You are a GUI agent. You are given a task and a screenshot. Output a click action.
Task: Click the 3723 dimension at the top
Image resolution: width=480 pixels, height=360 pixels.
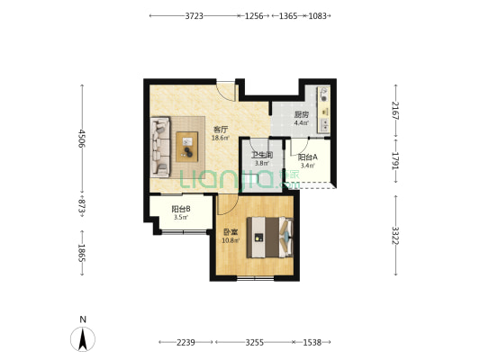pyautogui.click(x=195, y=16)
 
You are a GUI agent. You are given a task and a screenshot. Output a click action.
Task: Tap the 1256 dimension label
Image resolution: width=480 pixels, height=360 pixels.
pyautogui.click(x=254, y=16)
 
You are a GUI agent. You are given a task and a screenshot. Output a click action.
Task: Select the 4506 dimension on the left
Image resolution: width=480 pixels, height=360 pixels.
pyautogui.click(x=82, y=139)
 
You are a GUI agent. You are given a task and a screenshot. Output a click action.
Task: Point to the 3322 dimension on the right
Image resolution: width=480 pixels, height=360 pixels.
pyautogui.click(x=396, y=236)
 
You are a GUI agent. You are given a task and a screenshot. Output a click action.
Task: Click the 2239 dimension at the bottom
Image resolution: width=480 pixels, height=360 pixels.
pyautogui.click(x=186, y=342)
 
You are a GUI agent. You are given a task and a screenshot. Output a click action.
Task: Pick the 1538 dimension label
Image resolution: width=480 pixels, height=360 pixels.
pyautogui.click(x=312, y=342)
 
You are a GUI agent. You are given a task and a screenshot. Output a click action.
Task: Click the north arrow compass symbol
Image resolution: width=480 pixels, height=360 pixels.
pyautogui.click(x=83, y=339)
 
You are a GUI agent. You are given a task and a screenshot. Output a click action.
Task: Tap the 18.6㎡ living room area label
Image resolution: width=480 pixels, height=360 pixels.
pyautogui.click(x=221, y=138)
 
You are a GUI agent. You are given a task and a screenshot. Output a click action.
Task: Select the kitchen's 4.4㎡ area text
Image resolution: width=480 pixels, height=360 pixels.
pyautogui.click(x=302, y=123)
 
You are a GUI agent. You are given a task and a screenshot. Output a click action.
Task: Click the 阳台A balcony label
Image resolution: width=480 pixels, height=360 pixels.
pyautogui.click(x=308, y=157)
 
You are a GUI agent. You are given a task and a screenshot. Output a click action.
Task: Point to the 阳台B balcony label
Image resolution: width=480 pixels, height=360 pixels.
pyautogui.click(x=181, y=209)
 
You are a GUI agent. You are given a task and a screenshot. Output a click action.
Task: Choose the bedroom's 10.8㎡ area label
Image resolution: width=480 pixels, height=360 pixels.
pyautogui.click(x=231, y=240)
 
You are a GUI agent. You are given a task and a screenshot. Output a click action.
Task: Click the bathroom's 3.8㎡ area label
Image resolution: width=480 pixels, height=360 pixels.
pyautogui.click(x=262, y=163)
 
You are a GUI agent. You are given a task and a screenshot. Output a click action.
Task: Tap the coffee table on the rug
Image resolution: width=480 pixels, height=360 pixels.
pyautogui.click(x=187, y=147)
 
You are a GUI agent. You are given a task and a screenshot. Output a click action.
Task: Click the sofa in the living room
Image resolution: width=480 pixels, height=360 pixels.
pyautogui.click(x=160, y=147)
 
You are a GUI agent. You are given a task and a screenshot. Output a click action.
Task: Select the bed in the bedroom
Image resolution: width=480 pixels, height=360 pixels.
pyautogui.click(x=270, y=238)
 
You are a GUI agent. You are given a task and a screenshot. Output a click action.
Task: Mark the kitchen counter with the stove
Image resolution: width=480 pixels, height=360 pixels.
pyautogui.click(x=324, y=110)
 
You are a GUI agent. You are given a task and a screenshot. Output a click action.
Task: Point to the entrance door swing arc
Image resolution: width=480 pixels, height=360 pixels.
pyautogui.click(x=226, y=92)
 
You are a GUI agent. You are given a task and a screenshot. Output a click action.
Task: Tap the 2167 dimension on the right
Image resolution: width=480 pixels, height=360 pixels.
pyautogui.click(x=396, y=111)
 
